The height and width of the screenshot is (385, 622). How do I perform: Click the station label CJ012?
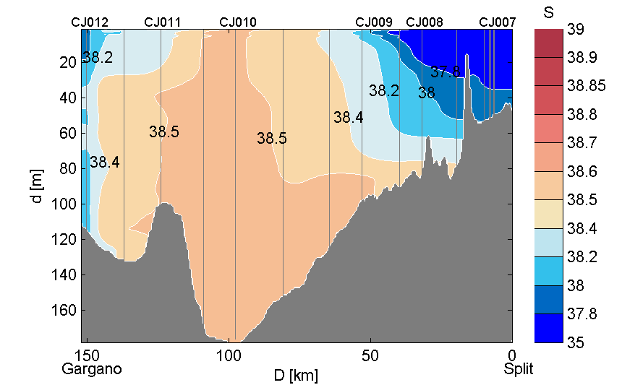(x=90, y=22)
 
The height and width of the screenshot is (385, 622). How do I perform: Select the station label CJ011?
(x=163, y=22)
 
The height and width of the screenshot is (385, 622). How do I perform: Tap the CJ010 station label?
(x=237, y=22)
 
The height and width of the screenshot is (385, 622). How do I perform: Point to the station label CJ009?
(x=374, y=22)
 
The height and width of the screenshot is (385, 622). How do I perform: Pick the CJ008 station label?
(x=425, y=22)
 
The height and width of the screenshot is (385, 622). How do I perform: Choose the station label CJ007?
(x=498, y=22)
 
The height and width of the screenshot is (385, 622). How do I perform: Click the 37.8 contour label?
(x=446, y=72)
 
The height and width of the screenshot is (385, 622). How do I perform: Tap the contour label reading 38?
(x=427, y=92)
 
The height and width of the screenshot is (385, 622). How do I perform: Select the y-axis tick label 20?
(x=69, y=63)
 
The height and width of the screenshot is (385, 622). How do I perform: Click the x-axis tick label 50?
(x=370, y=355)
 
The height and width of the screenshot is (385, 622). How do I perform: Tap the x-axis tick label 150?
(x=88, y=355)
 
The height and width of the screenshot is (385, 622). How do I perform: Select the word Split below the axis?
(x=519, y=369)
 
